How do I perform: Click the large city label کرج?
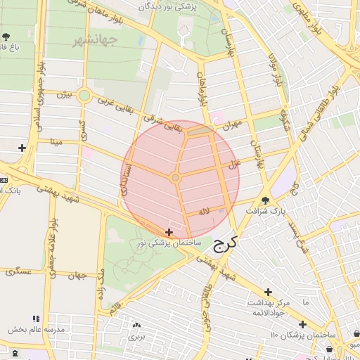click(x=225, y=244)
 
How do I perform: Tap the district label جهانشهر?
click(x=94, y=39)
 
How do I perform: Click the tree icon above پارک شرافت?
click(x=265, y=200)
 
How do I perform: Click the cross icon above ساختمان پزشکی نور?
click(x=169, y=232)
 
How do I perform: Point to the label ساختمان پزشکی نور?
click(x=169, y=243)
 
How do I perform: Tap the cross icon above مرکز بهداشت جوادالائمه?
click(x=268, y=292)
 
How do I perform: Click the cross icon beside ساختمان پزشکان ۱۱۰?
click(x=302, y=324)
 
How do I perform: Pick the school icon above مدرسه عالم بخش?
click(x=37, y=319)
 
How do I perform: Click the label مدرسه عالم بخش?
click(x=37, y=329)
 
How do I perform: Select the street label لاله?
click(x=205, y=210)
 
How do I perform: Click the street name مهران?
click(x=232, y=125)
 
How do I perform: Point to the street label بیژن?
click(x=64, y=94)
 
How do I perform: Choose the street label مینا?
click(x=53, y=141)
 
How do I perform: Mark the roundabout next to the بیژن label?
click(x=84, y=95)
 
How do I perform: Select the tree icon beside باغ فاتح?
click(x=6, y=36)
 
